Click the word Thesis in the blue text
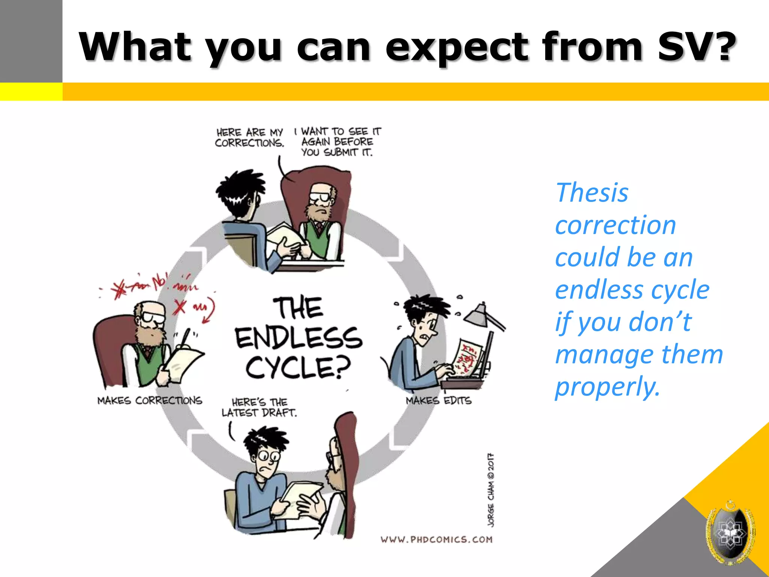[x=592, y=193]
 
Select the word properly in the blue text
[x=607, y=387]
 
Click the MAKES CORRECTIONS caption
[x=149, y=400]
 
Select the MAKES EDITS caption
[x=438, y=400]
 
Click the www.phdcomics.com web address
[x=436, y=540]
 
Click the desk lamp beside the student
[x=483, y=316]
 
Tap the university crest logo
[x=730, y=533]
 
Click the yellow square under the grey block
[x=31, y=92]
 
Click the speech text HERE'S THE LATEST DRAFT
[x=259, y=407]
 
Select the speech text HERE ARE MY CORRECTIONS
[x=249, y=137]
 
